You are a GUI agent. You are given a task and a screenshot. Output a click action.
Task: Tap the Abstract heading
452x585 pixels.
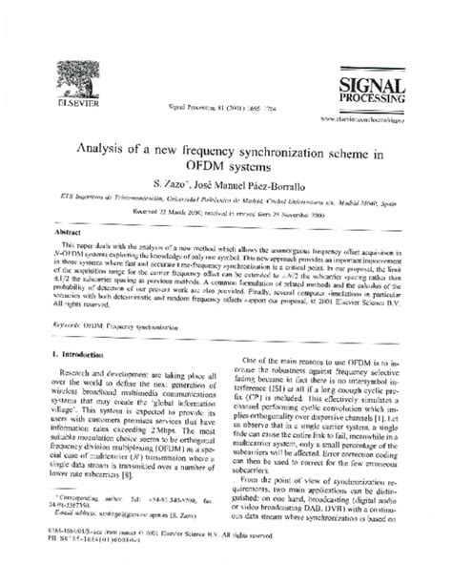coord(77,231)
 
